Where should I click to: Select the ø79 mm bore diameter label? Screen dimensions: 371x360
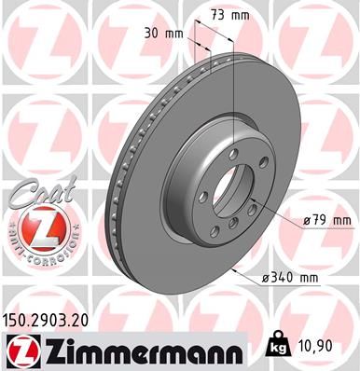pos(328,220)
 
